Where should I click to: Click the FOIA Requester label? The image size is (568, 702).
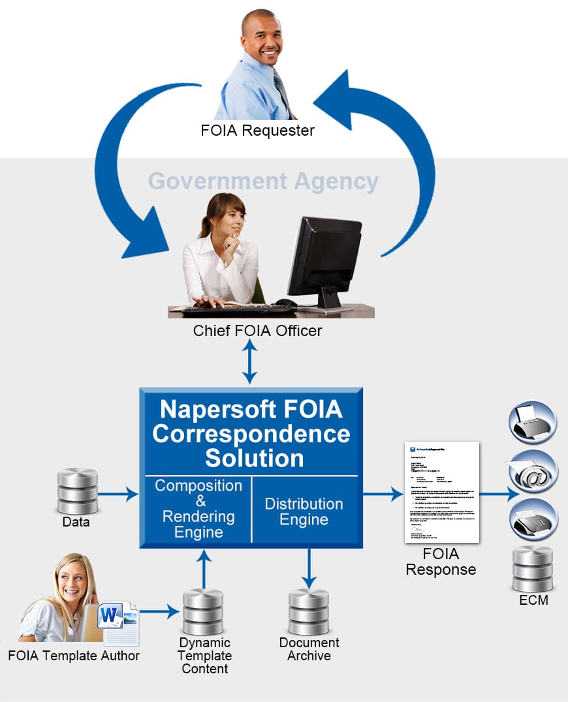[257, 130]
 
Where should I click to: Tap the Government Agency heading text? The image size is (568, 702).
[263, 181]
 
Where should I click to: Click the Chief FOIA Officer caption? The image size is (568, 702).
[257, 331]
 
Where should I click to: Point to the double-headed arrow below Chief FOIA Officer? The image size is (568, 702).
[250, 362]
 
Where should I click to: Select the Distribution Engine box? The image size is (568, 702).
[304, 511]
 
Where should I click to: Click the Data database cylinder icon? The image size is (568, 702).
[78, 491]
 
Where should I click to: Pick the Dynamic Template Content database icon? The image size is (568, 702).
[203, 611]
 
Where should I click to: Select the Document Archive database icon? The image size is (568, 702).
[309, 611]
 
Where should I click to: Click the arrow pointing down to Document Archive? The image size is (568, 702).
[309, 568]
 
